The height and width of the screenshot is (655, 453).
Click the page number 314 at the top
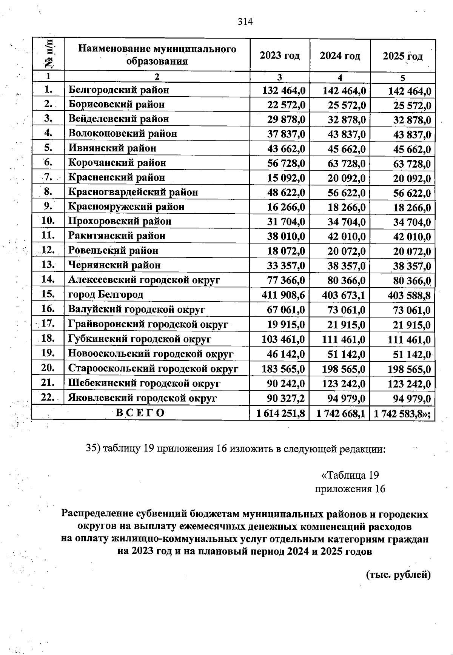tap(245, 22)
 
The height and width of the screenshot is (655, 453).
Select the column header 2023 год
tap(280, 56)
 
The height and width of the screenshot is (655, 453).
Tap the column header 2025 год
tap(403, 56)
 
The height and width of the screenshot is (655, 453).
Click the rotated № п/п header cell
tap(48, 54)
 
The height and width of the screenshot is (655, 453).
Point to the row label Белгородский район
tap(119, 90)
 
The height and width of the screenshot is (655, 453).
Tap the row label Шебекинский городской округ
tap(144, 384)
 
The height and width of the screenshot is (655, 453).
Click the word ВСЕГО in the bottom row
tap(140, 413)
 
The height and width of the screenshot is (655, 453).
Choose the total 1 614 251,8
tap(280, 413)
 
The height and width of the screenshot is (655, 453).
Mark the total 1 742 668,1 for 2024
tap(341, 413)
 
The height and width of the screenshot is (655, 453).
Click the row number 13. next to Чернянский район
tap(48, 265)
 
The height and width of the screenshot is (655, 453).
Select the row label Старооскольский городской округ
tap(153, 368)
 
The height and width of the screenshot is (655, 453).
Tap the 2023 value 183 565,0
tap(283, 369)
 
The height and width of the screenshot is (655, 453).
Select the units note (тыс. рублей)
tap(398, 575)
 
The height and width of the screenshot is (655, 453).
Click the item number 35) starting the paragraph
tap(93, 448)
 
